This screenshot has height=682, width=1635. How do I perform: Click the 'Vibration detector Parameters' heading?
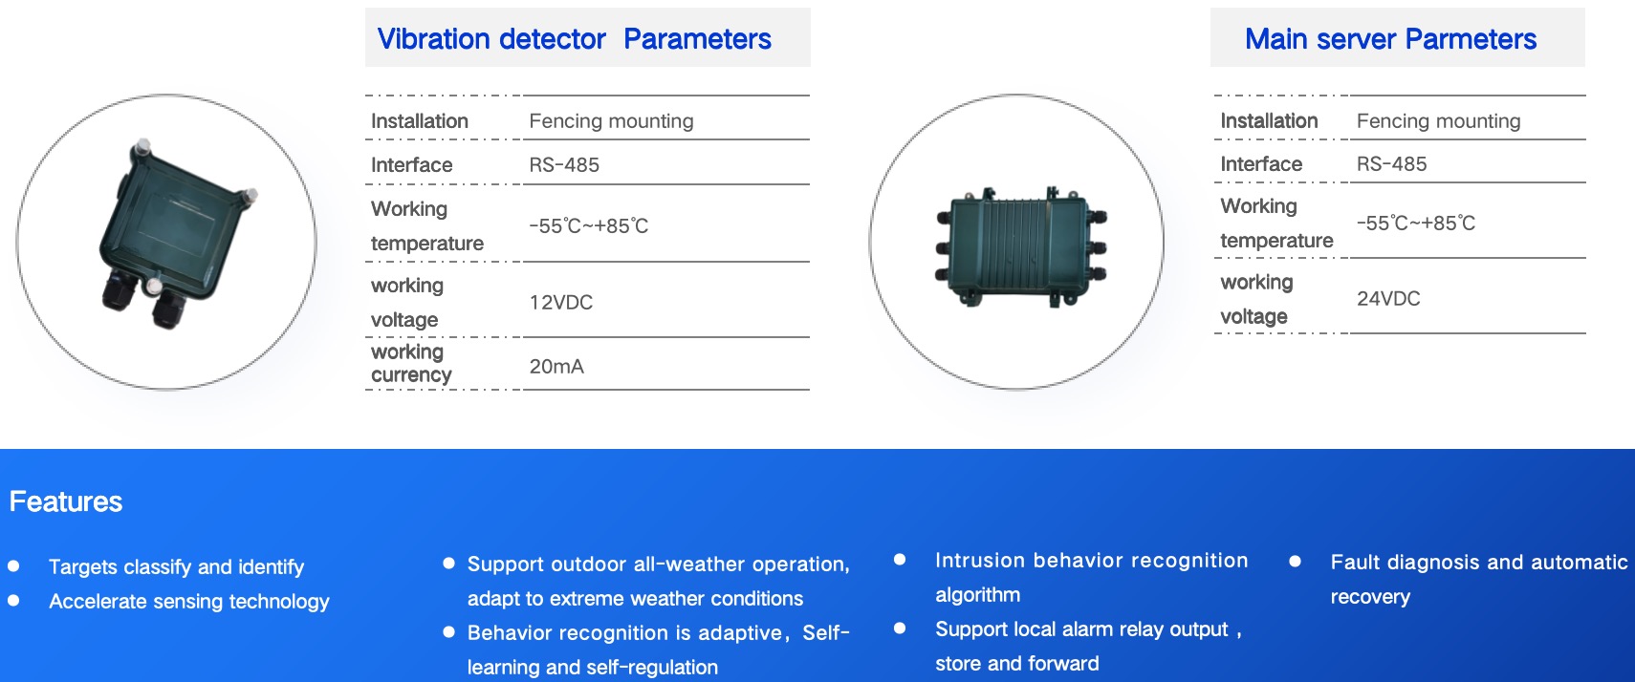click(x=574, y=38)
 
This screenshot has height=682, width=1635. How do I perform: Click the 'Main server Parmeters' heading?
click(x=1390, y=38)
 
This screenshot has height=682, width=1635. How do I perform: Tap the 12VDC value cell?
click(x=560, y=302)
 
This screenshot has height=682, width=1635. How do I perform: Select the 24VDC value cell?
click(x=1388, y=298)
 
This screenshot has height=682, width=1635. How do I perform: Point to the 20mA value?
click(x=556, y=366)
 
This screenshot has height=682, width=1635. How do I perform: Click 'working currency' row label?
click(x=411, y=363)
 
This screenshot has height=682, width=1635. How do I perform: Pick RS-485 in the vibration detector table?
click(x=563, y=165)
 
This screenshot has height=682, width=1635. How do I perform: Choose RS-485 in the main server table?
click(x=1391, y=164)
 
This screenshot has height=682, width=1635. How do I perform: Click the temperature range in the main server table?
click(x=1416, y=224)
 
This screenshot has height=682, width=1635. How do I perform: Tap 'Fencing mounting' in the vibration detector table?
click(x=611, y=121)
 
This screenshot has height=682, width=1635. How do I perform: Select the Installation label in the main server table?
click(x=1269, y=120)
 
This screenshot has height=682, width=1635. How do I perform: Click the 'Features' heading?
click(x=66, y=501)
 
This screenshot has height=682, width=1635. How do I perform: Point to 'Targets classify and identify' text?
click(x=176, y=566)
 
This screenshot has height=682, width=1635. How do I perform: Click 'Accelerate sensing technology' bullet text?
click(x=189, y=601)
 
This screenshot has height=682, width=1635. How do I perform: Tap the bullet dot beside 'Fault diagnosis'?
click(x=1295, y=561)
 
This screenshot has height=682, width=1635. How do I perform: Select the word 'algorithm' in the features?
click(x=977, y=595)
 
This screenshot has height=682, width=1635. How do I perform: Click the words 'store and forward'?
click(x=1016, y=663)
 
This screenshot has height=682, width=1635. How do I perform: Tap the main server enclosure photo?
click(x=1021, y=246)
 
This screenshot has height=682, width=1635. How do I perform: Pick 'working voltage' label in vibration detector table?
click(x=406, y=302)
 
